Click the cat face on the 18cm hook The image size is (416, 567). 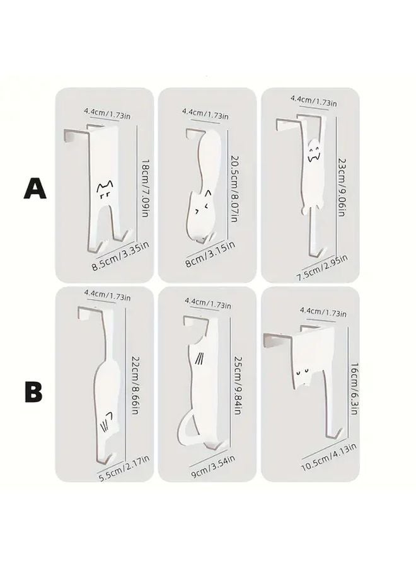pos(104,188)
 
